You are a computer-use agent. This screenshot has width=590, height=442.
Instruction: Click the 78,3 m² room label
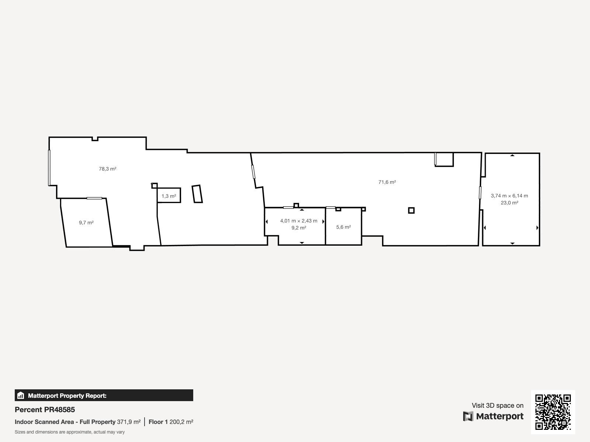click(x=108, y=169)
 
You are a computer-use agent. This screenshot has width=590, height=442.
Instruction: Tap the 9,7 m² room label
click(x=86, y=222)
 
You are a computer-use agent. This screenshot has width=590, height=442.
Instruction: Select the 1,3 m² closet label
click(x=169, y=196)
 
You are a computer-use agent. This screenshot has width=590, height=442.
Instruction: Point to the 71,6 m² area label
click(x=387, y=182)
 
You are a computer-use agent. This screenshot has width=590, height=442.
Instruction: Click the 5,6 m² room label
click(x=344, y=227)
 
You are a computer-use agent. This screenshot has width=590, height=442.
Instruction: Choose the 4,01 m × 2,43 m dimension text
click(x=299, y=221)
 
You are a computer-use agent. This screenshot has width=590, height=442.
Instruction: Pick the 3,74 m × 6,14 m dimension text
click(x=509, y=196)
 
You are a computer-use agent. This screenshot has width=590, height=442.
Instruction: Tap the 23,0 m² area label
click(x=509, y=203)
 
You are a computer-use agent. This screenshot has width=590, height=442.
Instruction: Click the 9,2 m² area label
click(x=299, y=228)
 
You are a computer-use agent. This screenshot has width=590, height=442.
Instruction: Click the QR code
click(x=553, y=412)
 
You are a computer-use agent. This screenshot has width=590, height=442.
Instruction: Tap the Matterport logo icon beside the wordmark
click(x=468, y=416)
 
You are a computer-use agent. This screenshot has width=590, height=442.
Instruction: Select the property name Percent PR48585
click(x=45, y=410)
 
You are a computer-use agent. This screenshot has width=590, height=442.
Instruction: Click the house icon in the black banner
click(x=21, y=395)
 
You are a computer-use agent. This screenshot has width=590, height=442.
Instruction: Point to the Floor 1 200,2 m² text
click(x=171, y=422)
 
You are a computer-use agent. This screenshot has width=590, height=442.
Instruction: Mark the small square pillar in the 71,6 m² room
click(x=411, y=210)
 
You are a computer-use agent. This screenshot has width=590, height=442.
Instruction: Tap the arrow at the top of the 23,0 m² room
click(x=512, y=155)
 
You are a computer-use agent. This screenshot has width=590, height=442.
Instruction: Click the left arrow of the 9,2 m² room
click(x=267, y=221)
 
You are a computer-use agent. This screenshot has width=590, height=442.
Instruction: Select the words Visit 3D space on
click(x=497, y=406)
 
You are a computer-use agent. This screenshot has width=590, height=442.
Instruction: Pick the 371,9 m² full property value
click(x=129, y=422)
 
